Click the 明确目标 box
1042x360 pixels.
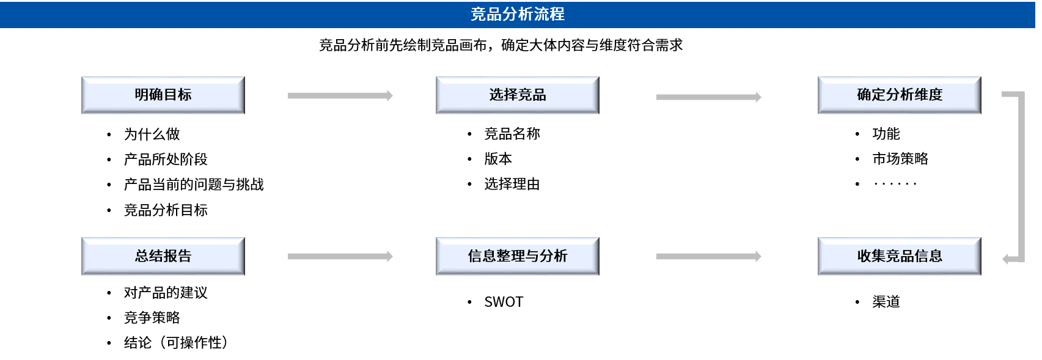(163, 95)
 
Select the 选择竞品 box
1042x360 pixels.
(517, 95)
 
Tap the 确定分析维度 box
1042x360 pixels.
(899, 95)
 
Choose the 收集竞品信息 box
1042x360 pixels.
(899, 256)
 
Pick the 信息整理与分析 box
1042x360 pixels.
(517, 256)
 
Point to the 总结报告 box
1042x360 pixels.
(163, 256)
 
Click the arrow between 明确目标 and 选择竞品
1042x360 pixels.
(339, 95)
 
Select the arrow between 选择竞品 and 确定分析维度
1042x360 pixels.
(708, 97)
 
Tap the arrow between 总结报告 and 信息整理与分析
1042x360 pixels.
(339, 257)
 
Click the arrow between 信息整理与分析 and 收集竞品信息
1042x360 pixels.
(708, 257)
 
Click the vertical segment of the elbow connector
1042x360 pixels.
(1021, 177)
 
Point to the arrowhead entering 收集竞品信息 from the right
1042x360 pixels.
(1005, 259)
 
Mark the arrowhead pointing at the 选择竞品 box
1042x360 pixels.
(390, 95)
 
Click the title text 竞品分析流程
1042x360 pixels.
(517, 14)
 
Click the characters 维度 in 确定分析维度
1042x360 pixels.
(928, 95)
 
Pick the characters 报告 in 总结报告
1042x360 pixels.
(177, 256)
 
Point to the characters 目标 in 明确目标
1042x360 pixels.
(177, 95)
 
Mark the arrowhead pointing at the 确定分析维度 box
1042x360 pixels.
(758, 97)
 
